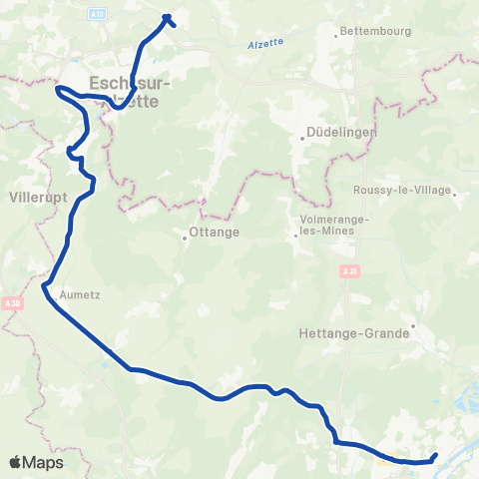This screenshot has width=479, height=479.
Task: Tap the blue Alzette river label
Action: pyautogui.click(x=263, y=43)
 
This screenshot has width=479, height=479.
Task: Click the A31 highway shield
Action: pyautogui.click(x=347, y=271)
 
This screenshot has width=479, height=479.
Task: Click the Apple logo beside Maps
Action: pyautogui.click(x=15, y=462)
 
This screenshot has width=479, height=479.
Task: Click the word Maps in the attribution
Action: pyautogui.click(x=43, y=462)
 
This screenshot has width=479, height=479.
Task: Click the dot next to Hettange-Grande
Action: pyautogui.click(x=411, y=325)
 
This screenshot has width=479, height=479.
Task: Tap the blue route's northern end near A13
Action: pyautogui.click(x=167, y=16)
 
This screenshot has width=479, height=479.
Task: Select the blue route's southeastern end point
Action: pyautogui.click(x=436, y=456)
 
